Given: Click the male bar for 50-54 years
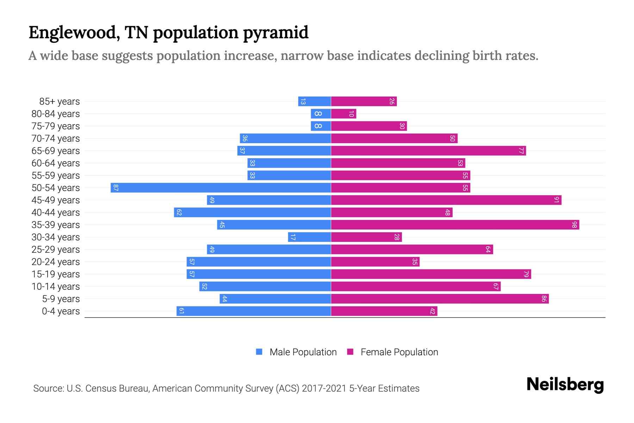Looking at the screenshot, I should [x=220, y=188].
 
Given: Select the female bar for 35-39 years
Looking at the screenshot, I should [x=455, y=225].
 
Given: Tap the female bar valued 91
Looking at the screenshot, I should [x=446, y=200].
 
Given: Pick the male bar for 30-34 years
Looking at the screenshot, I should [x=309, y=237].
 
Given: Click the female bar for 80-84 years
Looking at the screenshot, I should [x=343, y=114].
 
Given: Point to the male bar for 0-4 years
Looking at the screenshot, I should [x=254, y=311].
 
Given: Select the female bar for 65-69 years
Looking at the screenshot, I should [x=428, y=151].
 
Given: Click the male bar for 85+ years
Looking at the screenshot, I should [x=314, y=101].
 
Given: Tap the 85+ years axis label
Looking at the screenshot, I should [x=59, y=102].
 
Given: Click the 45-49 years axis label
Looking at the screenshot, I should [x=56, y=200].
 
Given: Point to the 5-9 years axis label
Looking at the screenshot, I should [x=61, y=299].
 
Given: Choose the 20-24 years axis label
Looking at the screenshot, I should [x=56, y=262].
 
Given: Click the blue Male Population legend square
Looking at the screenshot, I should [x=259, y=352].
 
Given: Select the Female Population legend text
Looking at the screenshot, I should [x=399, y=352].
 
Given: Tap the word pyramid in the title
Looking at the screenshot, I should [x=275, y=33].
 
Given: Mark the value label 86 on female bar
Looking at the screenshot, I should [x=544, y=299].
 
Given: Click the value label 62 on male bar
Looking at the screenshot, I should [x=179, y=213].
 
